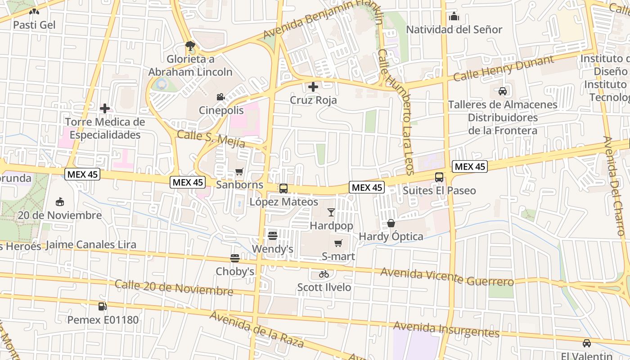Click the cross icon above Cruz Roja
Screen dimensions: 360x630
313,86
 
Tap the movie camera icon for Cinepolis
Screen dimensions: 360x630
220,97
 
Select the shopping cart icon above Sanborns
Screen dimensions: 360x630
239,171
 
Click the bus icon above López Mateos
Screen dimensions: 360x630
283,189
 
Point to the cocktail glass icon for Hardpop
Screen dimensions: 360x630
331,212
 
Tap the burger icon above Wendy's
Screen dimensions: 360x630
272,235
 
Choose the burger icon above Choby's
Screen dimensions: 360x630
235,258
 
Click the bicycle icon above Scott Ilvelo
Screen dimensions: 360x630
324,274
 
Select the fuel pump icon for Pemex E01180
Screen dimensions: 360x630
103,306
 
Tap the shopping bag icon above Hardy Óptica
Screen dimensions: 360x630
391,223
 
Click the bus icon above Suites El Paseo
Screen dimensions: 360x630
439,177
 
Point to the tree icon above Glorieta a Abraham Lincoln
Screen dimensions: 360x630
190,45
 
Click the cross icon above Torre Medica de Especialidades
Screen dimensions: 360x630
105,108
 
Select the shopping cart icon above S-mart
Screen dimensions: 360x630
338,243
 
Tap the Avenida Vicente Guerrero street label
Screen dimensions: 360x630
447,276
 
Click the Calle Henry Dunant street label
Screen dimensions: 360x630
504,68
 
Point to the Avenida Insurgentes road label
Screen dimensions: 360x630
446,329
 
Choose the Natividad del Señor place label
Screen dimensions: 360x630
454,30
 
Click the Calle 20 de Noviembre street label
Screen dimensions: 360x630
174,288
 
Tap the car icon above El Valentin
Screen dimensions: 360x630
587,343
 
